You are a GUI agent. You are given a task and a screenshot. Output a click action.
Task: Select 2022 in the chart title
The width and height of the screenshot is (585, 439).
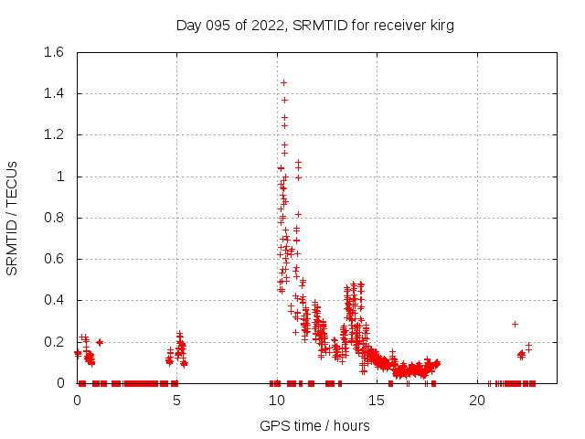coord(268,26)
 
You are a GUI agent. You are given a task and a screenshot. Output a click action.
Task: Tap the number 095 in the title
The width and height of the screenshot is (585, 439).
coord(221,26)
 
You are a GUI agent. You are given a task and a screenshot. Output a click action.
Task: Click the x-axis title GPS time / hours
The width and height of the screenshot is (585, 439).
coord(314,425)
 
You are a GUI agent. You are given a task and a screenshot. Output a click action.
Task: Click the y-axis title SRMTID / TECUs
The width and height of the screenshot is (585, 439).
coord(13,218)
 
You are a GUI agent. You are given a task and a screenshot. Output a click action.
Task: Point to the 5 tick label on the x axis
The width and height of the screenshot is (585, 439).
coord(177,401)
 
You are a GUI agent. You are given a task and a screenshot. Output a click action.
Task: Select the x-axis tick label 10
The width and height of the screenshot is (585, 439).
coord(277,401)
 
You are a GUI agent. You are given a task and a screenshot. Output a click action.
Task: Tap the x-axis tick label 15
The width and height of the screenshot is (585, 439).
coord(377,401)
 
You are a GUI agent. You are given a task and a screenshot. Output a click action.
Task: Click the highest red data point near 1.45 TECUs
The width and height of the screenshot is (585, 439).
coord(283,82)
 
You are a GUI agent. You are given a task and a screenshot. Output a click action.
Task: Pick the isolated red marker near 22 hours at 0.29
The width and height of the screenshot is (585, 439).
coord(515,324)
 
